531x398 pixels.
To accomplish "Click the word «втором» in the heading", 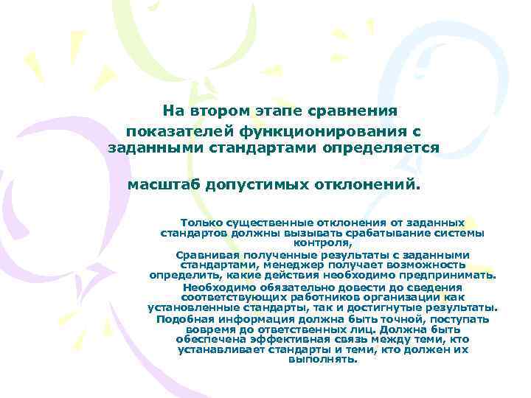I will tap(219, 111).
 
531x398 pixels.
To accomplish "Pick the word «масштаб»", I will tap(162, 184).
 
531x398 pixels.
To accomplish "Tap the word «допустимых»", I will tap(249, 184).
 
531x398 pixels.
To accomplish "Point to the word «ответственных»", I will tap(319, 329).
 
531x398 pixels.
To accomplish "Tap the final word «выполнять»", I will tap(322, 360).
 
